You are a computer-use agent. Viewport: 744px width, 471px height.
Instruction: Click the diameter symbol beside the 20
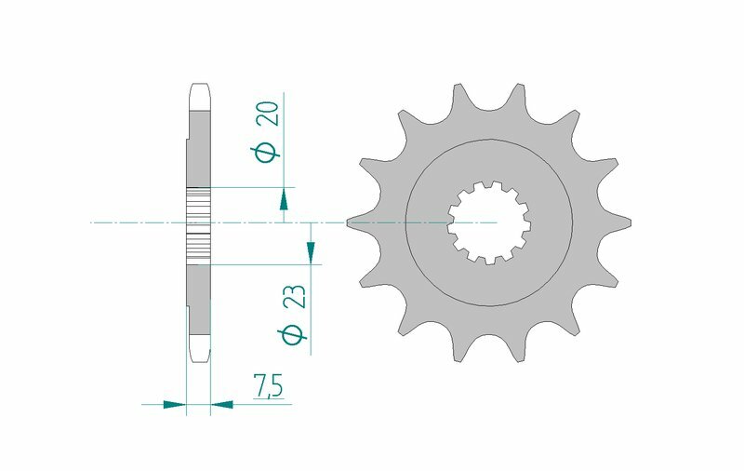coord(267,153)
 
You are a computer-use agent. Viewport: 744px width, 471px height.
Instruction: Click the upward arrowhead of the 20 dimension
coord(283,198)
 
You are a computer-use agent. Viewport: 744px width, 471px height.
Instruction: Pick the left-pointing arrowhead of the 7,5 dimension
coord(222,405)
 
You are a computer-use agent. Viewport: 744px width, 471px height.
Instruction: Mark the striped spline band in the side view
coord(199,223)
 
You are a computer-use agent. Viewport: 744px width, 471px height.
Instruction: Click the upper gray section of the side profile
coord(200,149)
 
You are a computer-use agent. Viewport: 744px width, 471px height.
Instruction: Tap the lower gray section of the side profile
coord(200,298)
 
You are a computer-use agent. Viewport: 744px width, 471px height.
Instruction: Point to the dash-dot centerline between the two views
coord(279,223)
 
